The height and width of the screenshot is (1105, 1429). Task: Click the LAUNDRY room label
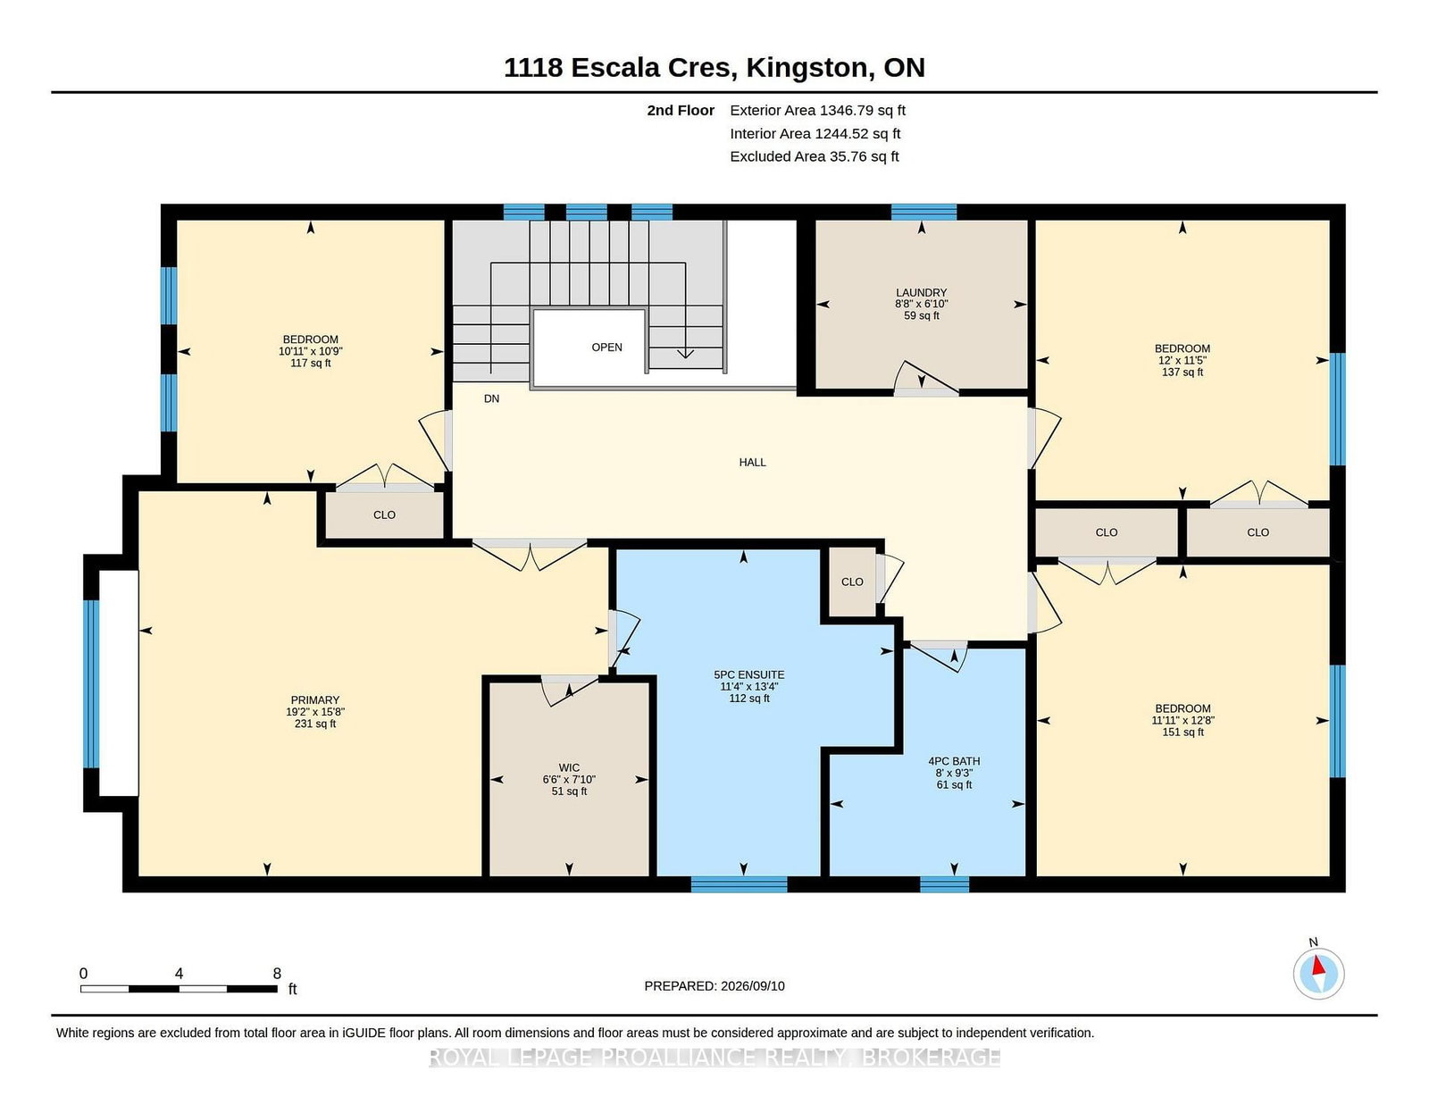point(921,293)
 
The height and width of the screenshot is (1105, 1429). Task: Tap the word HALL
point(752,463)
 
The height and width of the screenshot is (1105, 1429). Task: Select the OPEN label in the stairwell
point(606,347)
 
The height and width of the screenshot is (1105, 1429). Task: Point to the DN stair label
point(491,398)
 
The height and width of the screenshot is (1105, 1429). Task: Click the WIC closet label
point(569,767)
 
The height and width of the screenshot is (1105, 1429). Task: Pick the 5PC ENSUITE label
point(749,674)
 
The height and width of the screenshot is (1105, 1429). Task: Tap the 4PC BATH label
point(954,761)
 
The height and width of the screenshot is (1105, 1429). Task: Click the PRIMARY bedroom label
point(315,700)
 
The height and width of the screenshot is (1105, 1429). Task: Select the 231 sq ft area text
point(315,724)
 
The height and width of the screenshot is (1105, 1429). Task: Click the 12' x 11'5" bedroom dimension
point(1182,360)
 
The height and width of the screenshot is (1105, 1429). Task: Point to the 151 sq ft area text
point(1182,732)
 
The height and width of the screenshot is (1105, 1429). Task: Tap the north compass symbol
point(1318,974)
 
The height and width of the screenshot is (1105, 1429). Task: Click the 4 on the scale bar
point(179,974)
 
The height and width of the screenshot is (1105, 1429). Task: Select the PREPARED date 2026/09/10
point(752,986)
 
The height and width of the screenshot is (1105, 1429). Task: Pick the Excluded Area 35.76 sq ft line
point(815,156)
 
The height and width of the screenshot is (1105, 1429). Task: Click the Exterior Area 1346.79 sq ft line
point(817,111)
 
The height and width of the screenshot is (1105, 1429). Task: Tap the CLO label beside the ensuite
point(852,582)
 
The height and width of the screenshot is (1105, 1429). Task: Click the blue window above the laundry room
point(923,212)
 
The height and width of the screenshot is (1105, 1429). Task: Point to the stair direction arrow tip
point(685,357)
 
